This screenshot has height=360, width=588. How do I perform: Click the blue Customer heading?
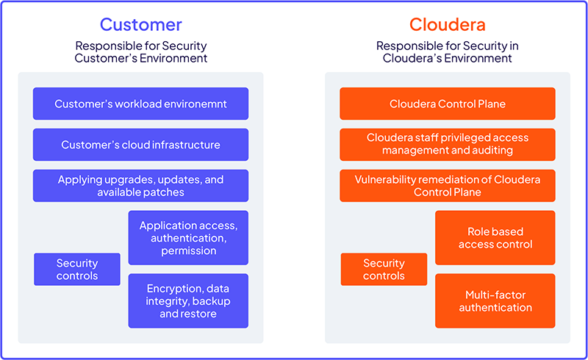coord(140,24)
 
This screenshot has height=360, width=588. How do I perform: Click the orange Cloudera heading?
coord(447,24)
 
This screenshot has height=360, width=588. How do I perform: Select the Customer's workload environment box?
coord(140,104)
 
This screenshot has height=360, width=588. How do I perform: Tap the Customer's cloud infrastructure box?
coord(140,145)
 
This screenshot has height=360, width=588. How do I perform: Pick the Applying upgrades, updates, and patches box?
coord(140,186)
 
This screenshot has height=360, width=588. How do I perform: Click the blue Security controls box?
coord(77,269)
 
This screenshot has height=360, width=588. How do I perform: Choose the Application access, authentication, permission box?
coord(188,238)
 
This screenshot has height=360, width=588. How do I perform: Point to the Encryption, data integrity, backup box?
coord(188,301)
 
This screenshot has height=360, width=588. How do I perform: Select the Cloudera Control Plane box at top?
coord(447,104)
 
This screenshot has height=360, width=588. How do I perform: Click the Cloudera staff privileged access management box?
coord(447,144)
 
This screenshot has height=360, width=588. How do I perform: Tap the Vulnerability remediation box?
coord(447,186)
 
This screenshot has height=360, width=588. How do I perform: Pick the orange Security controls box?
coord(384,269)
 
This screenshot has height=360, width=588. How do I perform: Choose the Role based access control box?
coord(495,238)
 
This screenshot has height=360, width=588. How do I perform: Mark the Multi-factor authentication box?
coord(495,301)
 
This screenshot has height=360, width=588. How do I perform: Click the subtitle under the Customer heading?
coord(140,52)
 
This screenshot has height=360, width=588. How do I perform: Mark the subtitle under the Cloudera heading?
coord(447,52)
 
